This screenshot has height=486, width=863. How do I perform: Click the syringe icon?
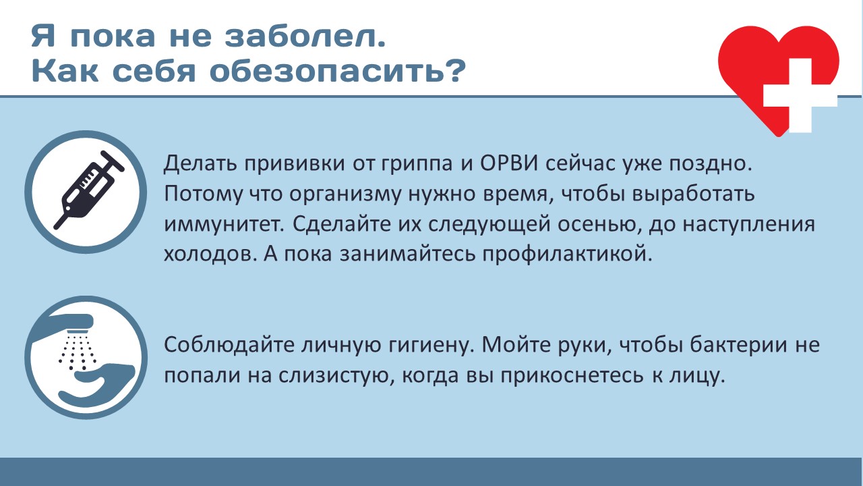[88, 190]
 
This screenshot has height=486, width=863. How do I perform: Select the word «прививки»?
[295, 164]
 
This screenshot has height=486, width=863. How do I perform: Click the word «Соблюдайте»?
[229, 345]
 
